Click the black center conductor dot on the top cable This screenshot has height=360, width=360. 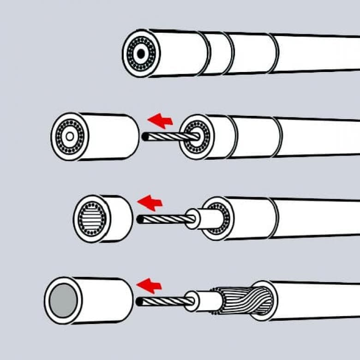coord(140,54)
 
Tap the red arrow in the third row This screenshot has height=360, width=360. coord(150,202)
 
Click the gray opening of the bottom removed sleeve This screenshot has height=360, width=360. coord(63,300)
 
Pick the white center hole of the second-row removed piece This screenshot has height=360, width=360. coord(70,137)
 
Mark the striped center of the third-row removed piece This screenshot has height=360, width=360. coord(92,219)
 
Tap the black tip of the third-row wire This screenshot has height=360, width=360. coord(140,220)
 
